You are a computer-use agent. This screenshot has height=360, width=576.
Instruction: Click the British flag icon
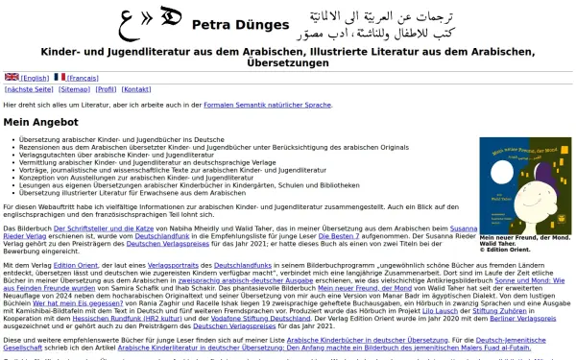coord(12,76)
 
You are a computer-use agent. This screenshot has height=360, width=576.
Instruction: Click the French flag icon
coord(60,76)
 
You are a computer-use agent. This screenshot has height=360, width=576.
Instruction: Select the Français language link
coord(83,77)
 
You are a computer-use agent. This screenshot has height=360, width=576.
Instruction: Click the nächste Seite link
coord(29,88)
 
